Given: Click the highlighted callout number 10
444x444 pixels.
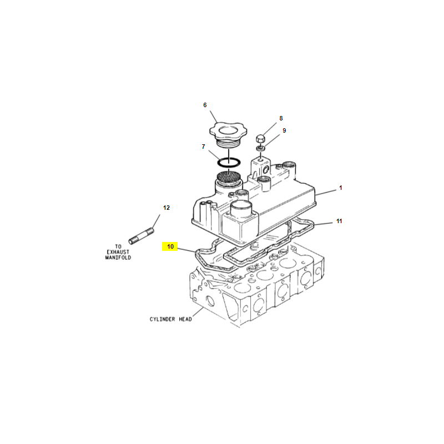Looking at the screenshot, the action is click(x=170, y=246).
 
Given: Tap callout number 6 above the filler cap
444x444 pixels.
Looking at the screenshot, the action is click(x=205, y=105).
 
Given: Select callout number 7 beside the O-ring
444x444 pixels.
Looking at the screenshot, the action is click(x=203, y=147).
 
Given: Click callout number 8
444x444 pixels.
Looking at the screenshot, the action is click(x=281, y=118).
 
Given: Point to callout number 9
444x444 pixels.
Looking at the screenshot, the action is click(x=284, y=130).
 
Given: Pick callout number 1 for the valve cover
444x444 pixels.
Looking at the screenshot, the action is click(x=341, y=188).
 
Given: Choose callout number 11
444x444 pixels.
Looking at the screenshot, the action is click(x=339, y=221).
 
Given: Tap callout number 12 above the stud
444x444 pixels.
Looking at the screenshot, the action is click(x=166, y=208).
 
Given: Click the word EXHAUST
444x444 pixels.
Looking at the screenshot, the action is click(x=118, y=252).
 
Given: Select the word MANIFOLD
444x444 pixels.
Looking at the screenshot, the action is click(x=118, y=258).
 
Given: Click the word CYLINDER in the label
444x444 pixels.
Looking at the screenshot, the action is click(x=162, y=320).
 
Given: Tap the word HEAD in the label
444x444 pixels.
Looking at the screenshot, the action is click(x=185, y=320).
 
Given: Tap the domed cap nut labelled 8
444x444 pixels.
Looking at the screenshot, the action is click(x=260, y=139).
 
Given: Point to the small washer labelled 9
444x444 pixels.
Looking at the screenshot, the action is click(x=260, y=148).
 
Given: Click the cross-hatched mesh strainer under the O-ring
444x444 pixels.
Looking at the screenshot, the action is click(x=229, y=176).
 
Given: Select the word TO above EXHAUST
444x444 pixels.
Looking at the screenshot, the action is click(x=118, y=246).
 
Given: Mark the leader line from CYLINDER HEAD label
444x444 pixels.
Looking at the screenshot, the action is click(x=198, y=312).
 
